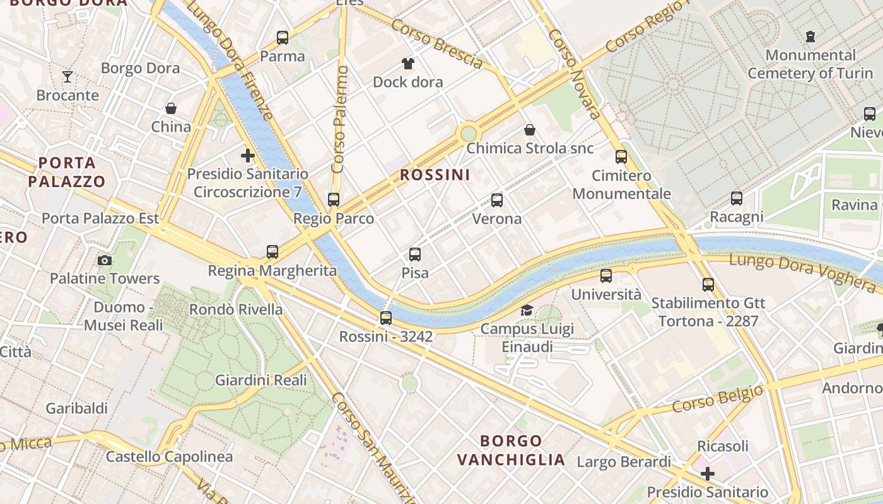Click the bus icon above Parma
283,38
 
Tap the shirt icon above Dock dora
408,64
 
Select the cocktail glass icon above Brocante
67,77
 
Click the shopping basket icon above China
171,108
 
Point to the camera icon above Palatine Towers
105,260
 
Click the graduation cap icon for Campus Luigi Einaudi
527,310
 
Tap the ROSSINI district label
435,175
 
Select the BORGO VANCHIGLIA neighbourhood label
511,450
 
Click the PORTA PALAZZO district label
67,172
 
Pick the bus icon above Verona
497,200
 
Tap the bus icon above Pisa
415,255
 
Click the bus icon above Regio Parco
334,200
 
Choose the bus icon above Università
606,275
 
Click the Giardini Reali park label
261,380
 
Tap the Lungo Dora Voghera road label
802,271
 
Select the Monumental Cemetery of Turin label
810,64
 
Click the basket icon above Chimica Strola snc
530,130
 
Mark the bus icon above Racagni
737,198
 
